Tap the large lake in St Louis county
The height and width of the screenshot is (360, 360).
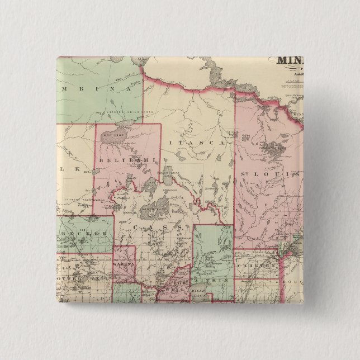273,150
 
